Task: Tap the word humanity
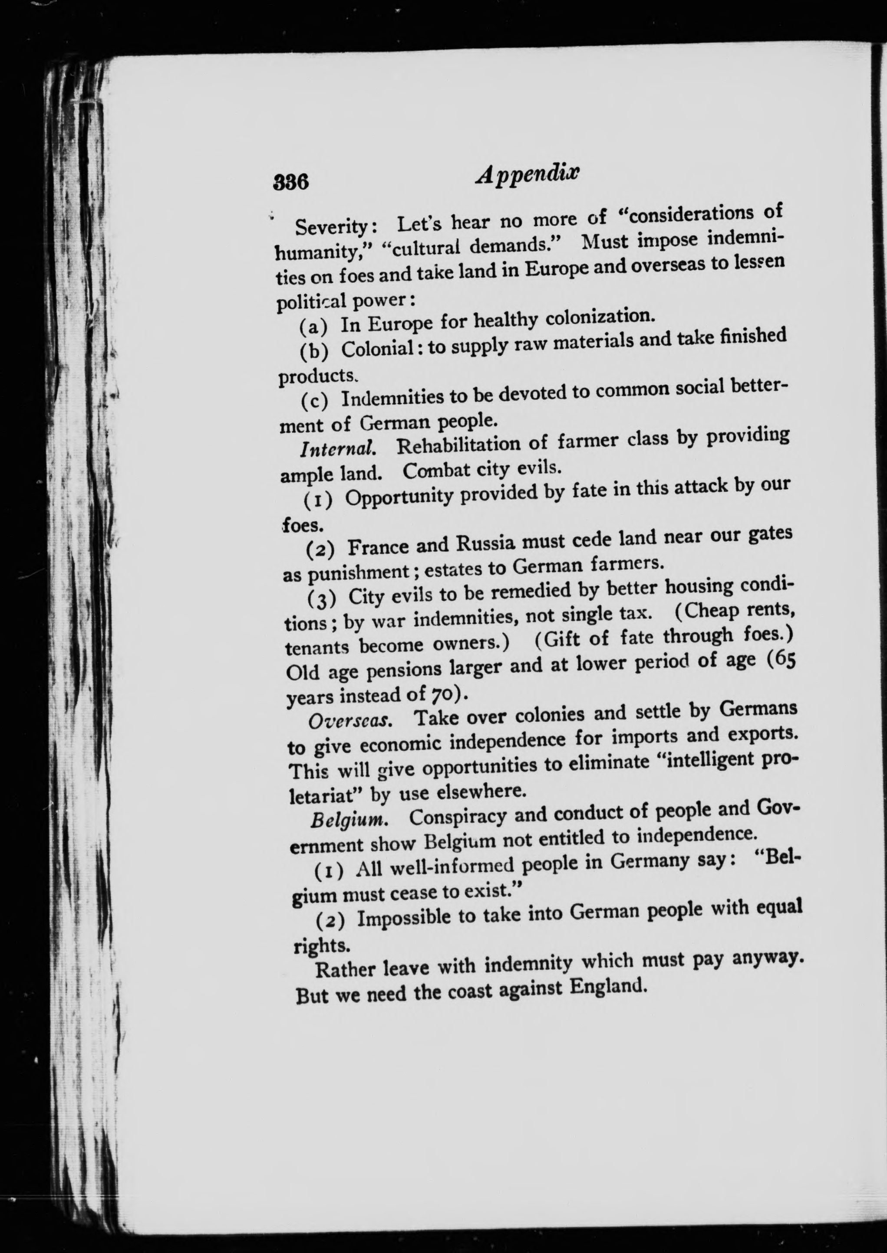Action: point(314,252)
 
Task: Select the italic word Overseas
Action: point(350,721)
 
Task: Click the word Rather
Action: point(346,970)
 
